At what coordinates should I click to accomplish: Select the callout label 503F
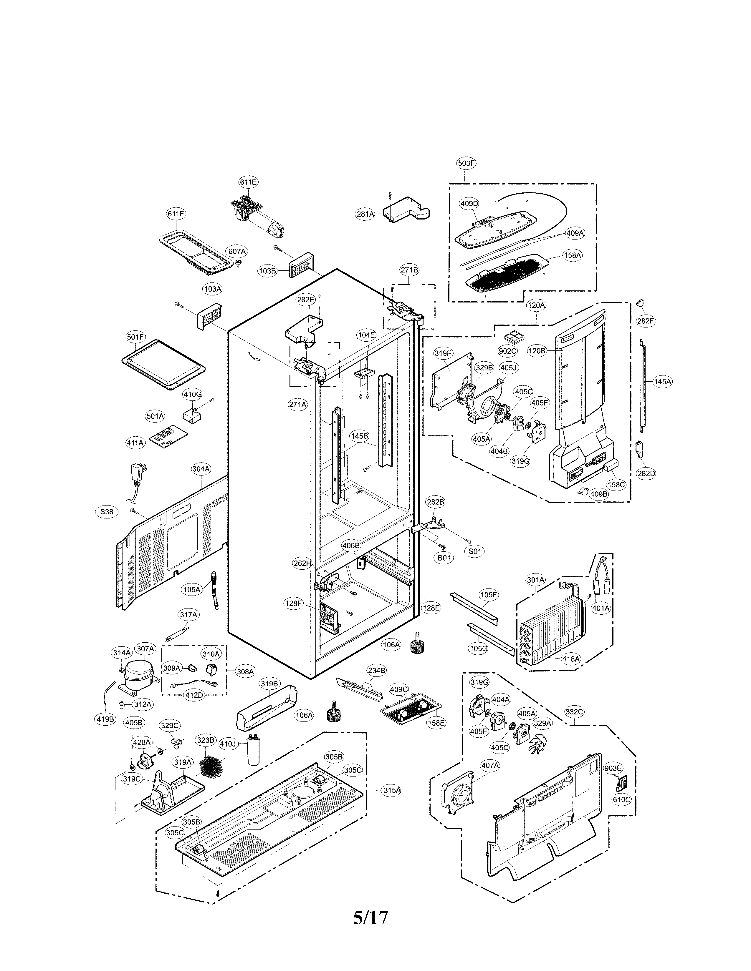pyautogui.click(x=466, y=163)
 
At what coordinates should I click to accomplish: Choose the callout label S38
pyautogui.click(x=106, y=512)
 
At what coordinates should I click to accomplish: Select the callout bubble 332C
pyautogui.click(x=574, y=712)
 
